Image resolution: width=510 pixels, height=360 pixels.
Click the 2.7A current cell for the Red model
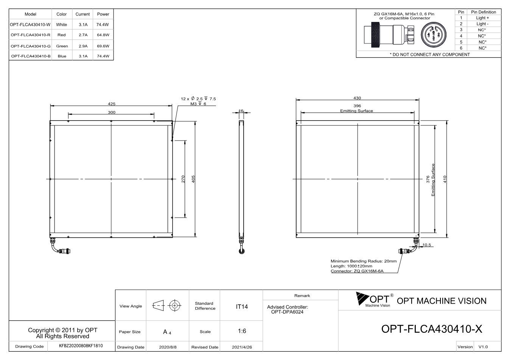tap(83, 35)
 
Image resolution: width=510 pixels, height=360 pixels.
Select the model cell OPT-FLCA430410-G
tap(31, 46)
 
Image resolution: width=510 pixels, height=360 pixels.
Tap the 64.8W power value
tap(103, 35)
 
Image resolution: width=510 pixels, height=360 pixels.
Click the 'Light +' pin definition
tap(482, 18)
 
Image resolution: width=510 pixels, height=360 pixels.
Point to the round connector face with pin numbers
tap(434, 35)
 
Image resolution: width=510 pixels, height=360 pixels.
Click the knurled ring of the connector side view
tap(375, 35)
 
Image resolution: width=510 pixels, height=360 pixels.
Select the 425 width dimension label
tap(112, 104)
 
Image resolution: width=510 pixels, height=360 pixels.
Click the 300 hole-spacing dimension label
tap(112, 112)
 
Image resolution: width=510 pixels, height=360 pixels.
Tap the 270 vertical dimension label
tap(183, 179)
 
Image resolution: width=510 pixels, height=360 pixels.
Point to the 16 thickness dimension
tap(241, 111)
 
